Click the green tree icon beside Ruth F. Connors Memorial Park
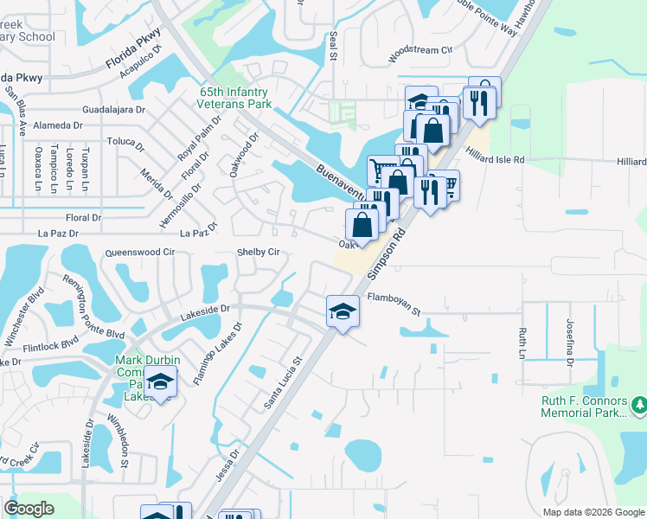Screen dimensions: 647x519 (x=639, y=404)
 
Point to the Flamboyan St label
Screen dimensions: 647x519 (x=393, y=298)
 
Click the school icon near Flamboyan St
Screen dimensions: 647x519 (x=343, y=312)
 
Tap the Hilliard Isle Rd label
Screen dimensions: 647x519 (x=519, y=160)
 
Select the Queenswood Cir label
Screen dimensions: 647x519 (x=139, y=253)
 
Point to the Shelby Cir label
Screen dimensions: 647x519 (x=259, y=253)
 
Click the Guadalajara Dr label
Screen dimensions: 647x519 (x=116, y=110)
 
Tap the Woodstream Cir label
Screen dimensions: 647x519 (x=421, y=50)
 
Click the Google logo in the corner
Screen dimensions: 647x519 (x=29, y=509)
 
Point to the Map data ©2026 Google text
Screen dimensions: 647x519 (x=593, y=512)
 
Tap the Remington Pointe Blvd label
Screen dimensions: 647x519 (x=93, y=309)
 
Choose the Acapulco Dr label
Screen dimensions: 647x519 (x=138, y=61)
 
